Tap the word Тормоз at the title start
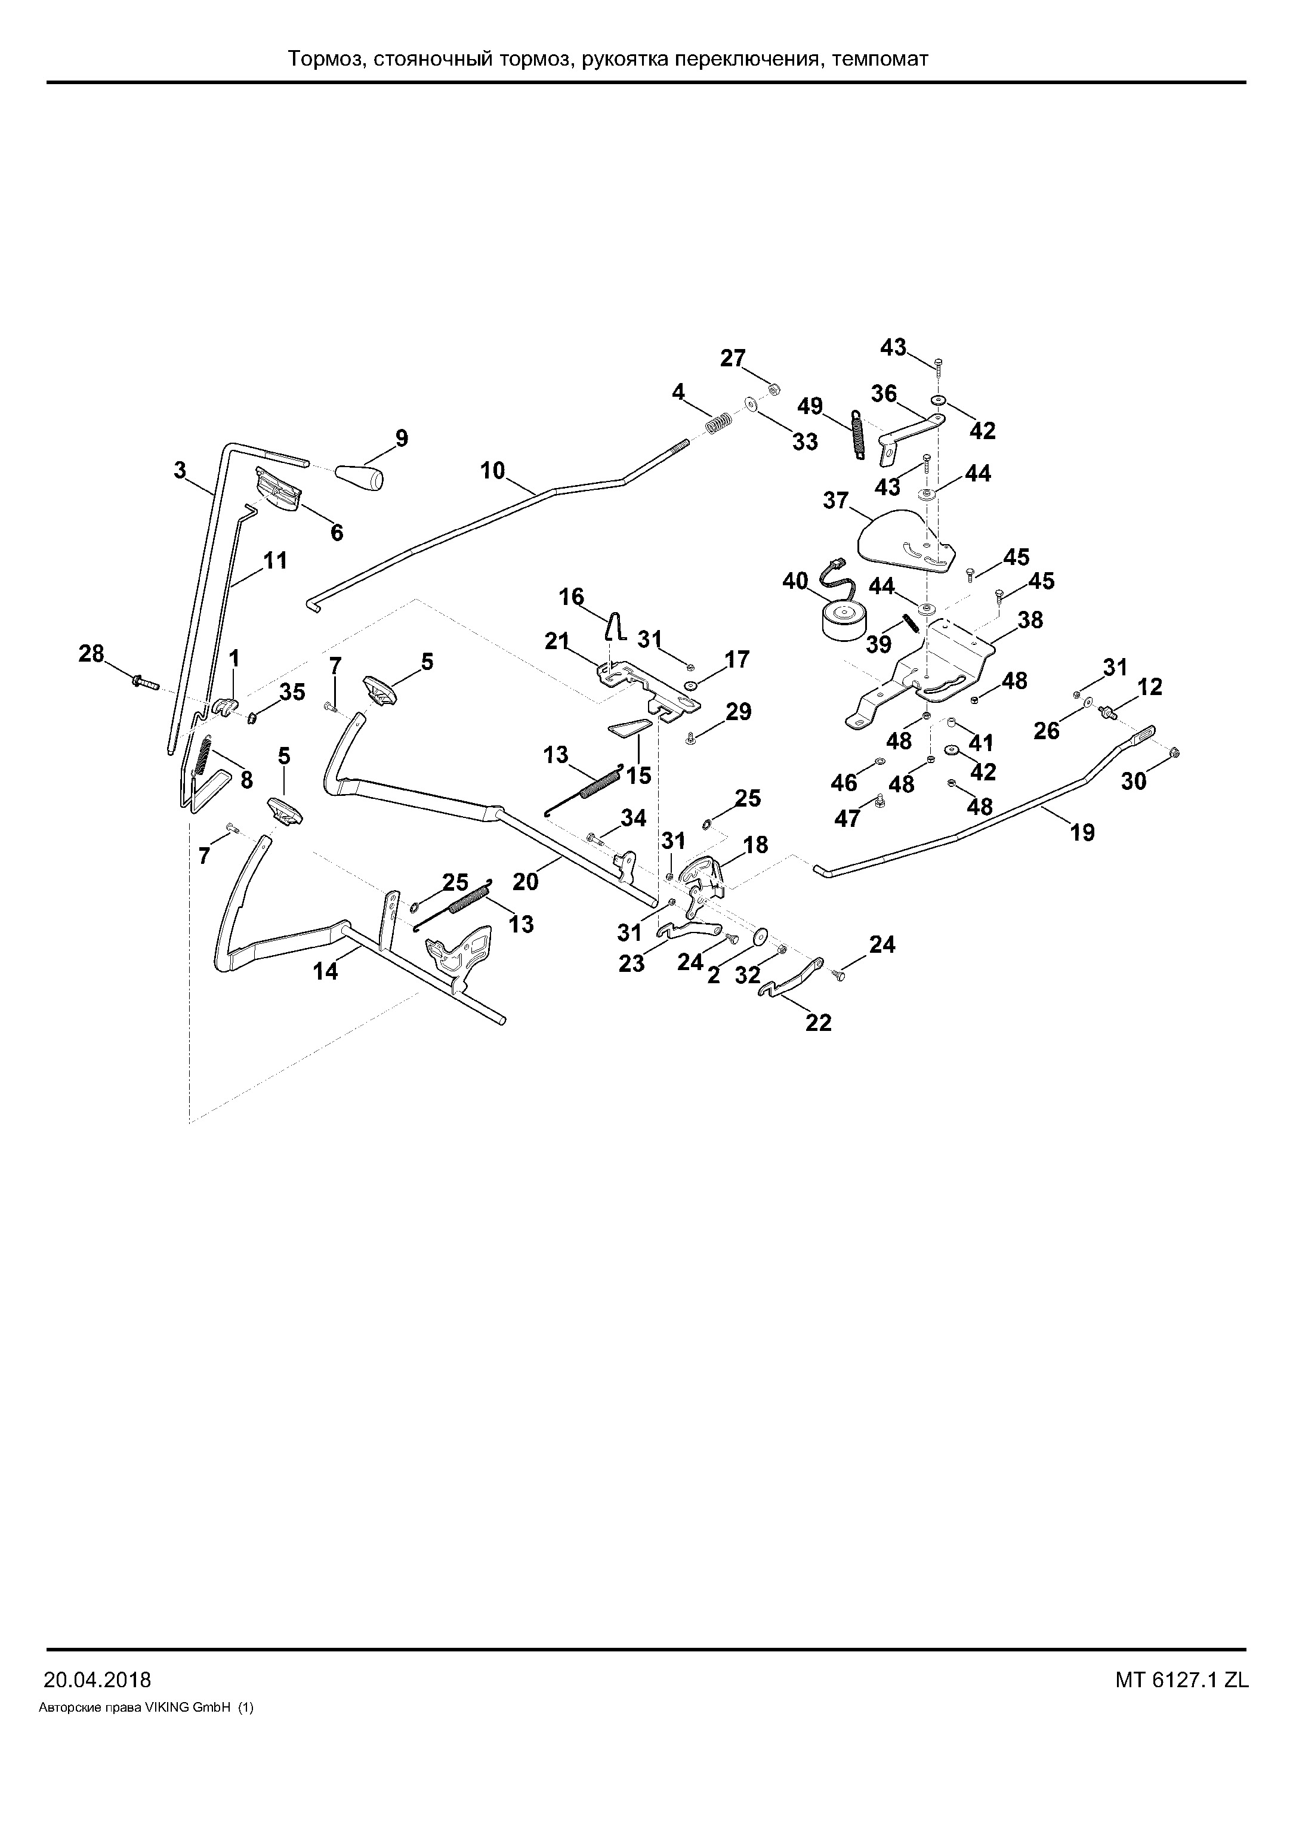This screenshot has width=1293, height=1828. coord(324,59)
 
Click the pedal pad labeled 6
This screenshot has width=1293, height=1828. coord(278,490)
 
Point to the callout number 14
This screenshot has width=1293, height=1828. coord(326,971)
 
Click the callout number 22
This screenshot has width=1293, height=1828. coord(819,1022)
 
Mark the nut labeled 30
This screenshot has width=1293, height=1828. coord(1177,753)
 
